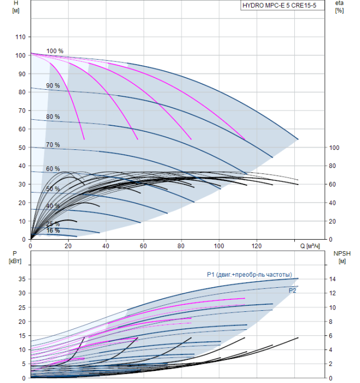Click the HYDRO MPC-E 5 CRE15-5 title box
coord(282,5)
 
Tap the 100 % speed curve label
coord(55,51)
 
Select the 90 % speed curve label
coord(53,85)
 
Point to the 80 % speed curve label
coord(53,117)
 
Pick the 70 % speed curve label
coord(53,144)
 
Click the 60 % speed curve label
coord(53,169)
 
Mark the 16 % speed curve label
coord(53,230)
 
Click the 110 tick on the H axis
coord(20,37)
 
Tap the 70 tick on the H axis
coord(22,111)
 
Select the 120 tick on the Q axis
coord(257,246)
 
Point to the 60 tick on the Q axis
coord(143,246)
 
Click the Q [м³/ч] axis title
coord(310,246)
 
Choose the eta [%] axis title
coord(340,7)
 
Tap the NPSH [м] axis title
coord(342,257)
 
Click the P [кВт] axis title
coord(15,257)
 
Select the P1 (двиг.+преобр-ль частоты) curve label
coord(249,275)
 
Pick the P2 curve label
coord(292,291)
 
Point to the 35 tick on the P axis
coord(22,279)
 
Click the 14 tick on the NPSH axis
coord(332,279)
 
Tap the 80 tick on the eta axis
coord(332,166)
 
